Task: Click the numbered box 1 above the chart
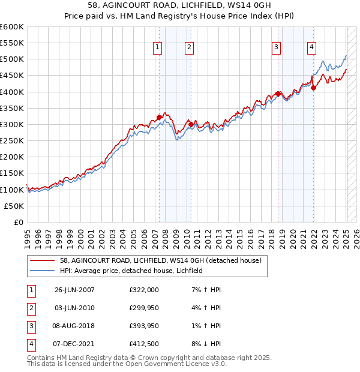tap(157, 47)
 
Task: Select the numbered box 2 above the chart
tap(189, 47)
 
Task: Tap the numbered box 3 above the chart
tap(276, 47)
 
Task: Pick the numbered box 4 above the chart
tap(312, 47)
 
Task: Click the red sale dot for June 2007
tap(159, 117)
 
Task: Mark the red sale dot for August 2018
tap(278, 94)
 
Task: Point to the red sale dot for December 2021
tap(313, 88)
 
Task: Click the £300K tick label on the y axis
tap(12, 124)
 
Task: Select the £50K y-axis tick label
tap(14, 206)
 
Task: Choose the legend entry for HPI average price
tap(131, 271)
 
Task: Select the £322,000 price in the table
tap(144, 290)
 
